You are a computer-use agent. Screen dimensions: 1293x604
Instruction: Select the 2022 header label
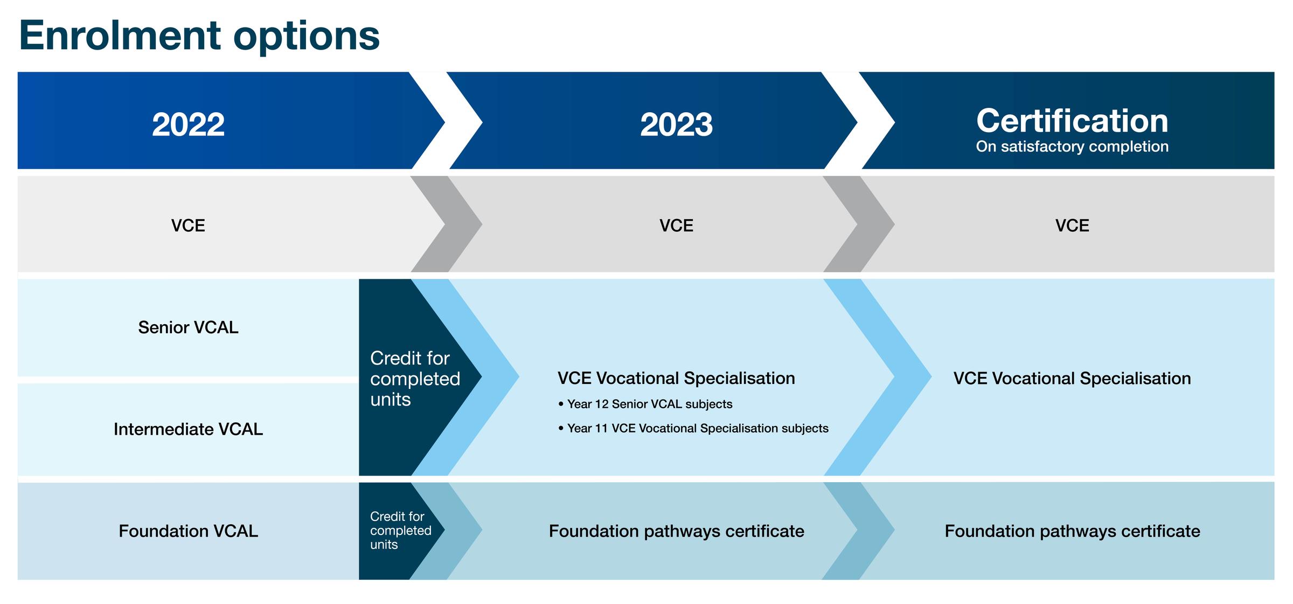pos(188,125)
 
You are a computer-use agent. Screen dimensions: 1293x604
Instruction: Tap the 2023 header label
pos(676,125)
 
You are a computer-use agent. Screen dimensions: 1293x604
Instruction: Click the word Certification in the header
pos(1072,120)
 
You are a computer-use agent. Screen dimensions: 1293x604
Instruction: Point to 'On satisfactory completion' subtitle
pos(1072,147)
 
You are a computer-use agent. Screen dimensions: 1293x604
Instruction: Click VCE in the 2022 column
pos(188,225)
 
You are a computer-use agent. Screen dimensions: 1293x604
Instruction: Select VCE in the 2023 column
pos(676,225)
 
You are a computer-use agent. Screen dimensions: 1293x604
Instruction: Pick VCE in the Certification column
pos(1072,225)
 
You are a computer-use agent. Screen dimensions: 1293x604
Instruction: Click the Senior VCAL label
pos(188,327)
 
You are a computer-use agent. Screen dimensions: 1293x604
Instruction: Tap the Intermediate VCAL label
pos(188,429)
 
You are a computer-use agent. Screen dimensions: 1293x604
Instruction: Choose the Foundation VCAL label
pos(188,531)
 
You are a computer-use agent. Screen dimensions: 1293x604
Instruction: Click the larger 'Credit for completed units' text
pos(415,379)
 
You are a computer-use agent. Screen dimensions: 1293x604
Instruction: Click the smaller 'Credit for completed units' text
pos(400,531)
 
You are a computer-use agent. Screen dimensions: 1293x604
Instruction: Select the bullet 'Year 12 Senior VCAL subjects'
pos(645,404)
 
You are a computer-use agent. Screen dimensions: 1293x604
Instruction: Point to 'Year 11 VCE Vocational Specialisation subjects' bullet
pos(693,429)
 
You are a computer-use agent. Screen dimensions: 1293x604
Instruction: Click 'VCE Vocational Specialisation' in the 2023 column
pos(676,379)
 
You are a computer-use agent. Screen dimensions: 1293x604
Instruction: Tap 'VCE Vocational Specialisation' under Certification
pos(1072,379)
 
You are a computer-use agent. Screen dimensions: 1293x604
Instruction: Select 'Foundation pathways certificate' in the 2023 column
pos(676,531)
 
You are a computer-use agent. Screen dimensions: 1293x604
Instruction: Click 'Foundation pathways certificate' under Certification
pos(1072,531)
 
